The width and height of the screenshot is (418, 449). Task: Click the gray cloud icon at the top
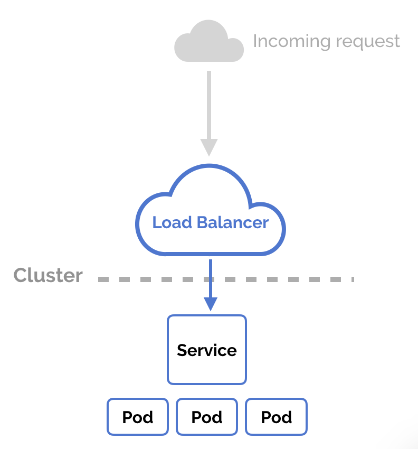point(209,42)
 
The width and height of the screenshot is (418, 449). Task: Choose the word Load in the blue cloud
point(172,222)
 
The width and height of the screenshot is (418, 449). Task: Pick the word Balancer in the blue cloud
point(233,222)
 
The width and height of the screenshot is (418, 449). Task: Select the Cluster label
point(48,275)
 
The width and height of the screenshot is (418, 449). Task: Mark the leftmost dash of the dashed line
point(103,279)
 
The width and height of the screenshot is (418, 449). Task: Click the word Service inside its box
point(207,350)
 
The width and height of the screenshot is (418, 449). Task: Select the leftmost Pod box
point(138,417)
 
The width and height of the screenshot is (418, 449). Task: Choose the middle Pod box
point(207,417)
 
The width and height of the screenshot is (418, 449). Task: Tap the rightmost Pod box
point(277,417)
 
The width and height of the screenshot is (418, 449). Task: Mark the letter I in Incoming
point(255,41)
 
